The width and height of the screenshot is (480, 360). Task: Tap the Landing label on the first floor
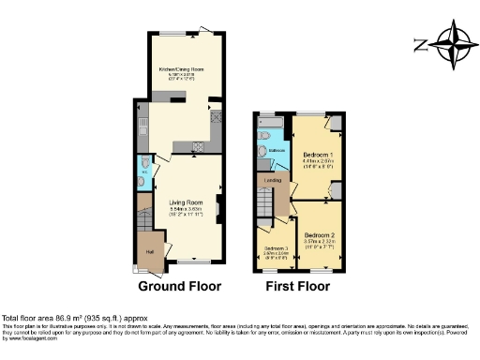pos(274,179)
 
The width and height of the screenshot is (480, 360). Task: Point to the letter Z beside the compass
pos(419,45)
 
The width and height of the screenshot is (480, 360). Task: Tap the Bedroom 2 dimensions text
pos(321,241)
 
